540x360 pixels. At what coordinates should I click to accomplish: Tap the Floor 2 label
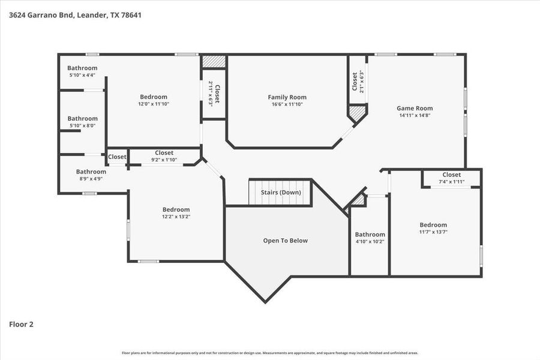(x=21, y=324)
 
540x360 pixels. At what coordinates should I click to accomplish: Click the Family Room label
(x=287, y=97)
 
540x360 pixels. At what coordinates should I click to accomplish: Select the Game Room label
(x=415, y=109)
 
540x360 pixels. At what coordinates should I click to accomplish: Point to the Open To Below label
(x=285, y=241)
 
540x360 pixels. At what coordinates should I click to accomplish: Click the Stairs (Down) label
(x=281, y=193)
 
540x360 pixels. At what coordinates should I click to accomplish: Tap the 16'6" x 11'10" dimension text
(x=287, y=104)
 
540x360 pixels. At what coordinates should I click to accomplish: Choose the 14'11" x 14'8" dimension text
(x=415, y=115)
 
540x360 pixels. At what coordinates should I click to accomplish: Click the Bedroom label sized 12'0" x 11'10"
(x=154, y=97)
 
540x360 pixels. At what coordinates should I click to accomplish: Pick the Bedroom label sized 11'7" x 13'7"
(x=433, y=225)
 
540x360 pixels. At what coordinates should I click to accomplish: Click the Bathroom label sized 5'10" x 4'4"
(x=82, y=68)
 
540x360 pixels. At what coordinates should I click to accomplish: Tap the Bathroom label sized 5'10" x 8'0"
(x=82, y=119)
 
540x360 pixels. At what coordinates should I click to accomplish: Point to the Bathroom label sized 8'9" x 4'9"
(x=91, y=172)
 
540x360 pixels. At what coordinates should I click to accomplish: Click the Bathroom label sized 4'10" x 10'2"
(x=370, y=235)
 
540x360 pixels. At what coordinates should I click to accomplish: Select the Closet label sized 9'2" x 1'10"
(x=164, y=153)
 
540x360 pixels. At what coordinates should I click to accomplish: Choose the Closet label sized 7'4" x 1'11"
(x=451, y=175)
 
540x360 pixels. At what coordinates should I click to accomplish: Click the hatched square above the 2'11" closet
(x=214, y=61)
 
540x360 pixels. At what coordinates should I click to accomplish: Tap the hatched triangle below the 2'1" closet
(x=358, y=112)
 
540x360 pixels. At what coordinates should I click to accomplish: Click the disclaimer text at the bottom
(x=270, y=353)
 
